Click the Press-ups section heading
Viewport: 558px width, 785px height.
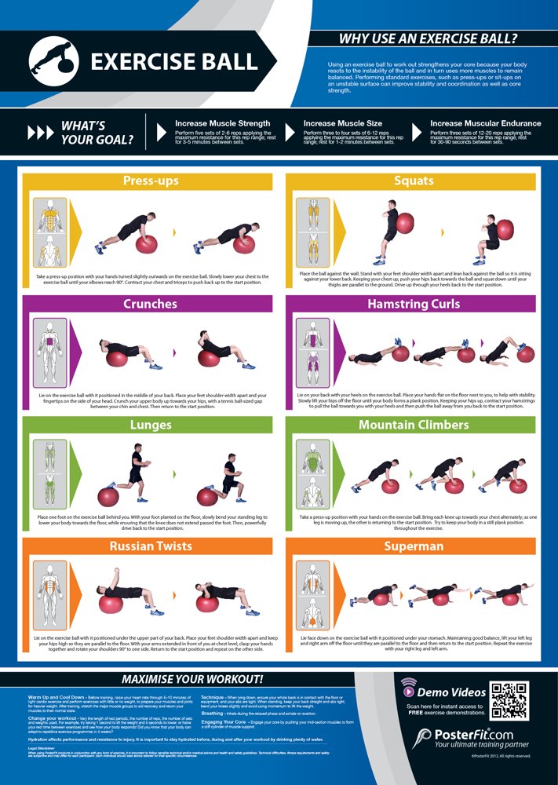[151, 181]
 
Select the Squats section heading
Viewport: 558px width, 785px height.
[414, 181]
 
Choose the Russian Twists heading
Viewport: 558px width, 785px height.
[151, 546]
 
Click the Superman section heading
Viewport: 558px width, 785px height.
[414, 546]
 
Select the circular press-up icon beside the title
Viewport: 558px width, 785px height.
[56, 61]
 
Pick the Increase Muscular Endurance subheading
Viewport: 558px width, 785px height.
[485, 123]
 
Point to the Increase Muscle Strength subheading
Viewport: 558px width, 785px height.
[222, 123]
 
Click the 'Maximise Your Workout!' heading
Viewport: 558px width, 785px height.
[192, 678]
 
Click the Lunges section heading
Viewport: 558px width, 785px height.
[151, 425]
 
